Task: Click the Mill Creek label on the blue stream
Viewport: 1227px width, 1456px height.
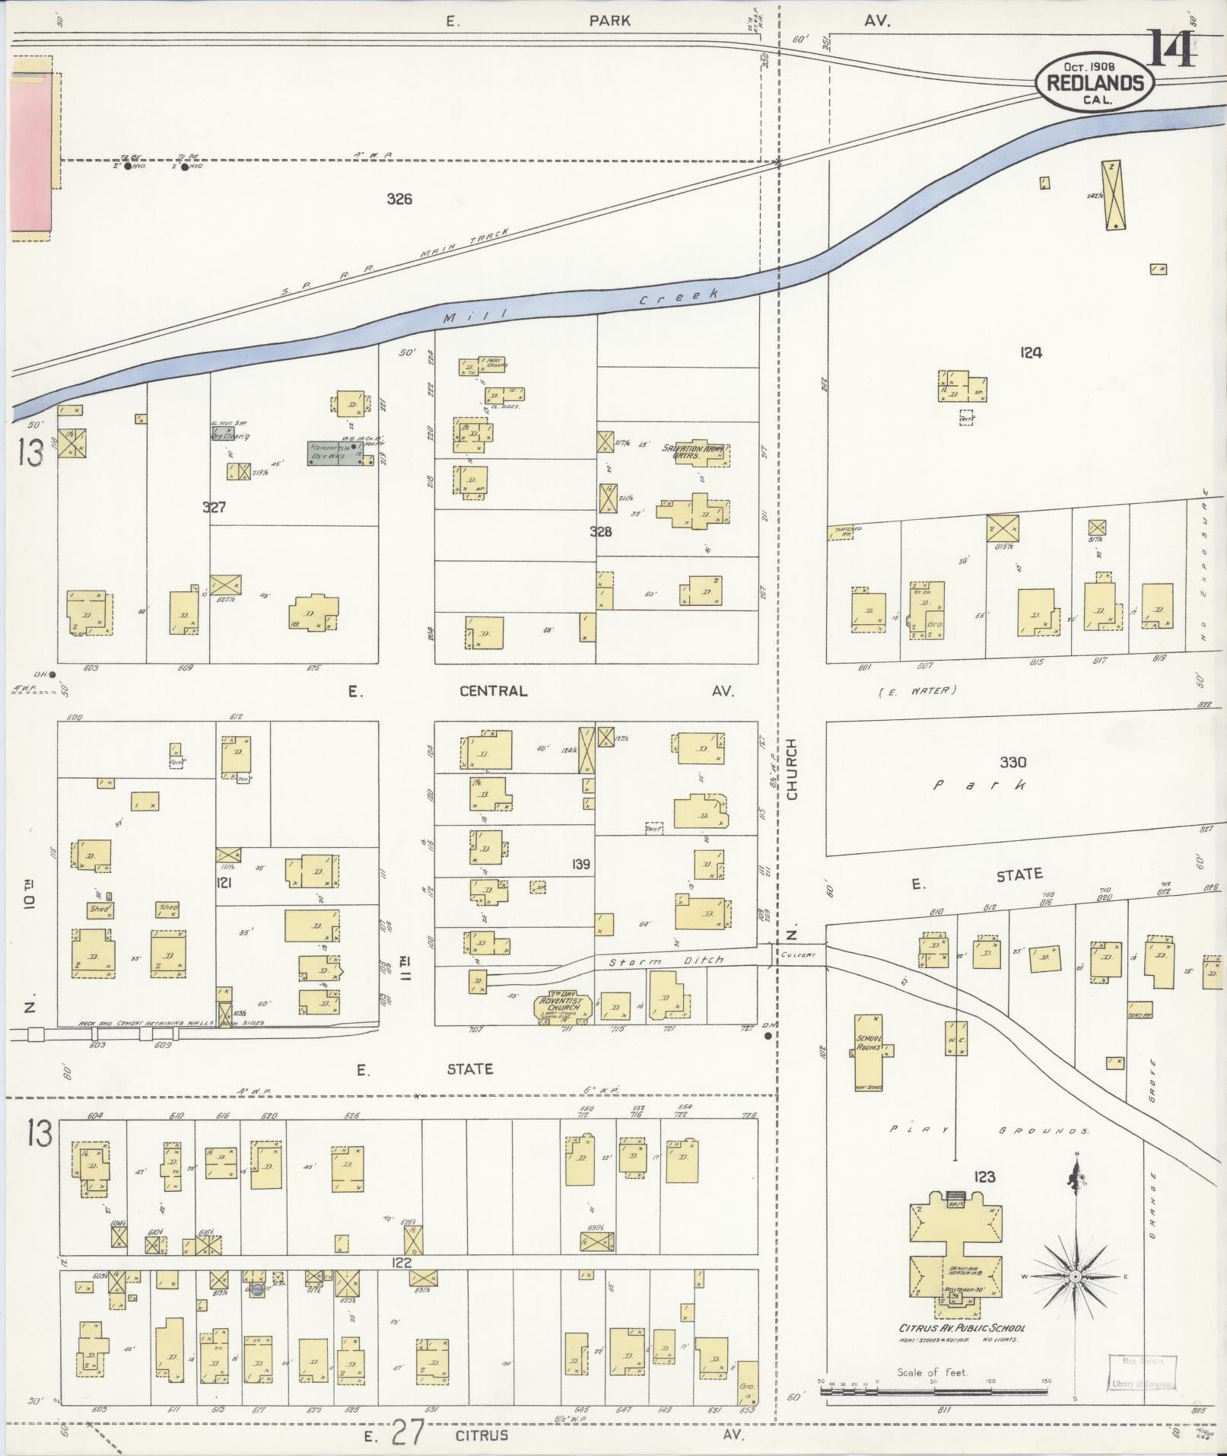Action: pyautogui.click(x=578, y=307)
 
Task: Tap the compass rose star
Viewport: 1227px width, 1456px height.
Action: pyautogui.click(x=1076, y=1275)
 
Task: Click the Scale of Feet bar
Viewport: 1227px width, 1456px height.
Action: pyautogui.click(x=933, y=1390)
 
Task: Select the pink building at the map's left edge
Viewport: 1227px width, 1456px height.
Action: pyautogui.click(x=30, y=155)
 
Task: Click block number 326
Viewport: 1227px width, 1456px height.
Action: pyautogui.click(x=399, y=199)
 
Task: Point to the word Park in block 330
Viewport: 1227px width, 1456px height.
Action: pyautogui.click(x=981, y=785)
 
